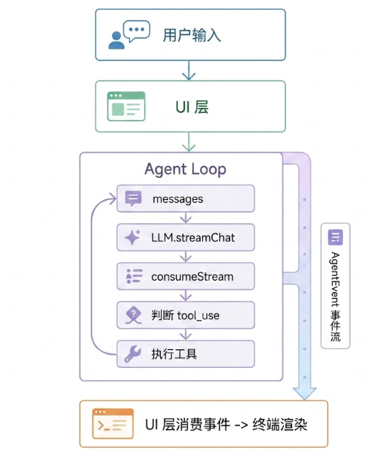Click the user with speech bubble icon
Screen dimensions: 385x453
coord(129,34)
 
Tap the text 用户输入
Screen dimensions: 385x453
coord(191,35)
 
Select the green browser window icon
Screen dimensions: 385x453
coord(126,106)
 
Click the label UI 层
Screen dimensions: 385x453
coord(192,107)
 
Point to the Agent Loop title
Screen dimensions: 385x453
coord(185,169)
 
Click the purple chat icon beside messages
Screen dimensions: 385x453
coord(133,198)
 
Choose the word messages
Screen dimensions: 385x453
coord(178,199)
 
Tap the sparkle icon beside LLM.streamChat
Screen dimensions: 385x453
coord(133,237)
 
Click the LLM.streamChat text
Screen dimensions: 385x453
coord(193,237)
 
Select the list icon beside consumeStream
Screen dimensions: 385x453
coord(134,276)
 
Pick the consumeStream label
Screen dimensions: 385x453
coord(192,277)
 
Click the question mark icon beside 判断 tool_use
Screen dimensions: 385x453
coord(134,315)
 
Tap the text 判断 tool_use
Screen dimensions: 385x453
coord(185,316)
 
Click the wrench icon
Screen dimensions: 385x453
coord(133,354)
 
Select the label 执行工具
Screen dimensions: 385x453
coord(174,354)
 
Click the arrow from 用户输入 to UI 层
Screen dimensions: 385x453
coord(189,70)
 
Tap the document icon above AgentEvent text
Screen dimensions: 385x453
coord(335,237)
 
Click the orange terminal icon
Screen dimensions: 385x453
coord(113,424)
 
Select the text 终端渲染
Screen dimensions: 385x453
coord(279,425)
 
